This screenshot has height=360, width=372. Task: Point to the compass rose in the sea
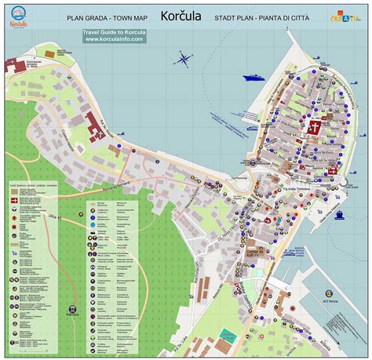[x=184, y=58]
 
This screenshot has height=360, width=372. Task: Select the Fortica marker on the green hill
[x=74, y=310]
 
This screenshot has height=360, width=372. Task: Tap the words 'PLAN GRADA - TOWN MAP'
[x=107, y=16]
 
